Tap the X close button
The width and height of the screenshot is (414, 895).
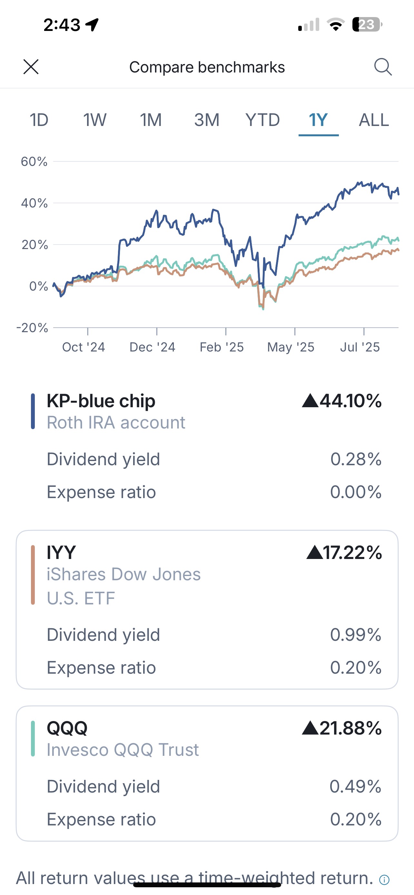click(x=31, y=67)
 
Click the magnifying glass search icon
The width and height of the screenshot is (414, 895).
click(x=383, y=67)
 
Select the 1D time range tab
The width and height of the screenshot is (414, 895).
click(x=39, y=120)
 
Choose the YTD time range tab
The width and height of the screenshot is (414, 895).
click(x=262, y=120)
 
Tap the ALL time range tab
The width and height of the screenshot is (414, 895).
click(x=374, y=120)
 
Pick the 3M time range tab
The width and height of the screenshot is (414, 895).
click(x=206, y=120)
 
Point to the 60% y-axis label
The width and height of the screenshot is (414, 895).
click(x=34, y=161)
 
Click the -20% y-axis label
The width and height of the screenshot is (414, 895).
click(x=32, y=328)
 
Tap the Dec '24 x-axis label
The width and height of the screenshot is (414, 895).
click(x=152, y=347)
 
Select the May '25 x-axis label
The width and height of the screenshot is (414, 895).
click(x=291, y=347)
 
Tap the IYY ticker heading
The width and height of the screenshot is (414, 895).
click(x=61, y=553)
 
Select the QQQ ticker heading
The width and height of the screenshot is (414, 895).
click(x=67, y=728)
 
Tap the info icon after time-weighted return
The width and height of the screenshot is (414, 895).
click(x=384, y=880)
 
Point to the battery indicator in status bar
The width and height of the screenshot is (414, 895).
click(x=367, y=25)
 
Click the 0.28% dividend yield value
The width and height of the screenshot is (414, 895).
click(x=356, y=459)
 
